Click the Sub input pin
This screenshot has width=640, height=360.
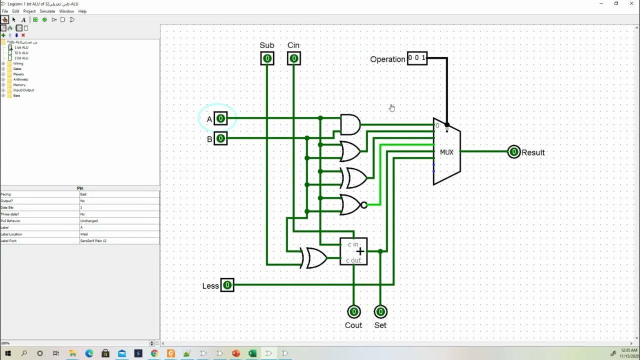[267, 58]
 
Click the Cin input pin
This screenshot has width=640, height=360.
[293, 58]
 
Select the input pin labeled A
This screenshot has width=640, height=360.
[220, 118]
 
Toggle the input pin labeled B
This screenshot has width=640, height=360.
[220, 138]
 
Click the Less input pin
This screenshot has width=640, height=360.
[227, 285]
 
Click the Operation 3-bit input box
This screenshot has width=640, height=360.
[417, 58]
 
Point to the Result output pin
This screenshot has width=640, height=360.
[513, 152]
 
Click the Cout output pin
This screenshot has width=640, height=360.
[353, 312]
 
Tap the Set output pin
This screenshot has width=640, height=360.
[380, 312]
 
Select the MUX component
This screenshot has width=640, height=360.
[446, 152]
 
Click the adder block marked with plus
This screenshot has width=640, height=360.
[353, 251]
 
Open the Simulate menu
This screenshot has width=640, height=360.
[47, 11]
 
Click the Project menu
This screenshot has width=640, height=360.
[29, 11]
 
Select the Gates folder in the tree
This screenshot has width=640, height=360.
[17, 69]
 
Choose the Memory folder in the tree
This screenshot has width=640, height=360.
[19, 85]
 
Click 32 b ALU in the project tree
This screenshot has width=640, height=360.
[21, 52]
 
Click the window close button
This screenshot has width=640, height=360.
[629, 3]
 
